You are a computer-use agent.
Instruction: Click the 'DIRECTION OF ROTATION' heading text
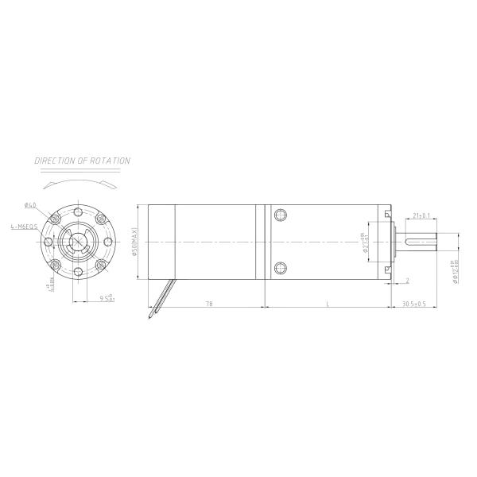click(x=82, y=161)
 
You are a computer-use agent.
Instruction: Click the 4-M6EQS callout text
click(x=23, y=227)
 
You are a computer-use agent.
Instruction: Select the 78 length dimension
click(x=208, y=304)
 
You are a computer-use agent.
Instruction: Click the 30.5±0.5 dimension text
click(x=413, y=304)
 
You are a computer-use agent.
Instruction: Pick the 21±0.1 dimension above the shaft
click(x=422, y=215)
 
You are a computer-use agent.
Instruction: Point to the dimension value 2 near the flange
click(x=406, y=281)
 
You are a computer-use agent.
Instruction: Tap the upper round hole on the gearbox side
click(x=280, y=215)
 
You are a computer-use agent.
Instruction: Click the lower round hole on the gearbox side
click(x=280, y=267)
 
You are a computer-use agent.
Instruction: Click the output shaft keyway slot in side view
click(x=421, y=242)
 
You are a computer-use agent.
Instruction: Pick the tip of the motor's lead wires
click(x=150, y=319)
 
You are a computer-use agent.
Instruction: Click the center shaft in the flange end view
click(x=78, y=242)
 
